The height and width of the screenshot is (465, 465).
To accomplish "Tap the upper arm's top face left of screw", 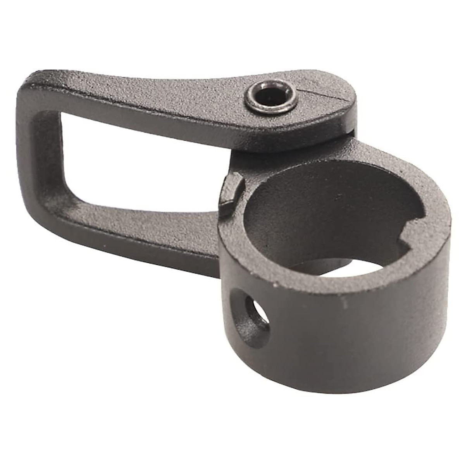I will click(155, 91).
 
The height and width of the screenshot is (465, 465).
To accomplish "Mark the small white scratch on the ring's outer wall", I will click(344, 302).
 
